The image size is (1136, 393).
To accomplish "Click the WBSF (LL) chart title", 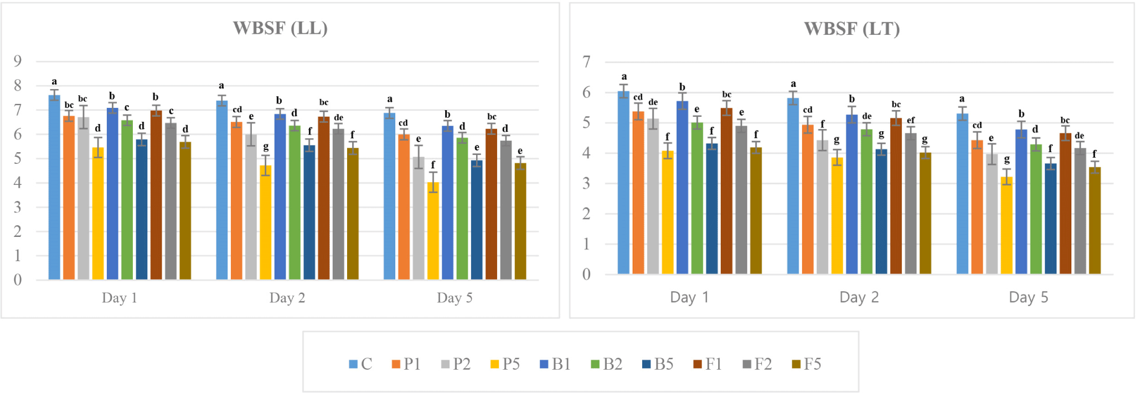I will (x=280, y=28).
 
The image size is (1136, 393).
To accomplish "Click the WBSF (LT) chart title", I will (x=851, y=29).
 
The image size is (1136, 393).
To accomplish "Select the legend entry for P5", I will (x=505, y=364).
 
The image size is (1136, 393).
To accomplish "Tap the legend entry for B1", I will (x=555, y=364).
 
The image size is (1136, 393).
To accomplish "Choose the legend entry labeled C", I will (x=360, y=364).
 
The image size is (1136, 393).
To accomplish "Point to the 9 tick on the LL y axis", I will (x=18, y=61).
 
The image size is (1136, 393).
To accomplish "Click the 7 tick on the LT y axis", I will (x=586, y=62).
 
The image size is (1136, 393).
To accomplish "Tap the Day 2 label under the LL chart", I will (x=287, y=298).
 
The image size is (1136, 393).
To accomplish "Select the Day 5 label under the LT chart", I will (x=1028, y=297).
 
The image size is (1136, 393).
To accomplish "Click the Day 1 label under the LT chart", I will (x=689, y=297).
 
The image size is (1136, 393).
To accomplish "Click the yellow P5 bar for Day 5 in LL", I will (x=433, y=231).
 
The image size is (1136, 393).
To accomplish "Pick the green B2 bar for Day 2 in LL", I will (x=295, y=203).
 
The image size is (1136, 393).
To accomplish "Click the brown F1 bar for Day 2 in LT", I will (x=896, y=196).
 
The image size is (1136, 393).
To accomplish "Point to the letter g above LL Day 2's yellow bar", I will (x=266, y=147).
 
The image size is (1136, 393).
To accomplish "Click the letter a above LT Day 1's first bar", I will (x=624, y=77).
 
